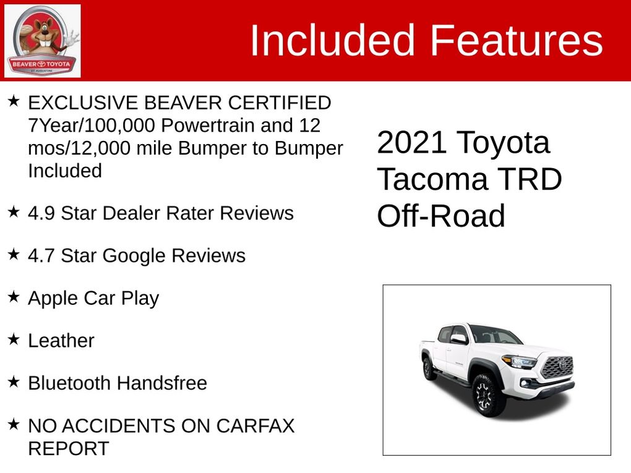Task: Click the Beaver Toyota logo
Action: pos(42,41)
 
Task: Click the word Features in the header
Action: pos(516,41)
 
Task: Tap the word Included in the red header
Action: pos(332,41)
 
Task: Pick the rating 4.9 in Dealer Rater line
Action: pos(41,213)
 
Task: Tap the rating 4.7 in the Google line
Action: pos(41,255)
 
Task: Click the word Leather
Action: pos(61,341)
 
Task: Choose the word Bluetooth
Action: pos(69,383)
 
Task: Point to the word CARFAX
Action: pos(255,426)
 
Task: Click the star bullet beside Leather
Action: pos(14,339)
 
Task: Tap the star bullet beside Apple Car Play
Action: pos(14,296)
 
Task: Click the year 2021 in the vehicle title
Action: pos(412,143)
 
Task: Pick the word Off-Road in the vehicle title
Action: pos(441,216)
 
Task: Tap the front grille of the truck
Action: pos(557,367)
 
